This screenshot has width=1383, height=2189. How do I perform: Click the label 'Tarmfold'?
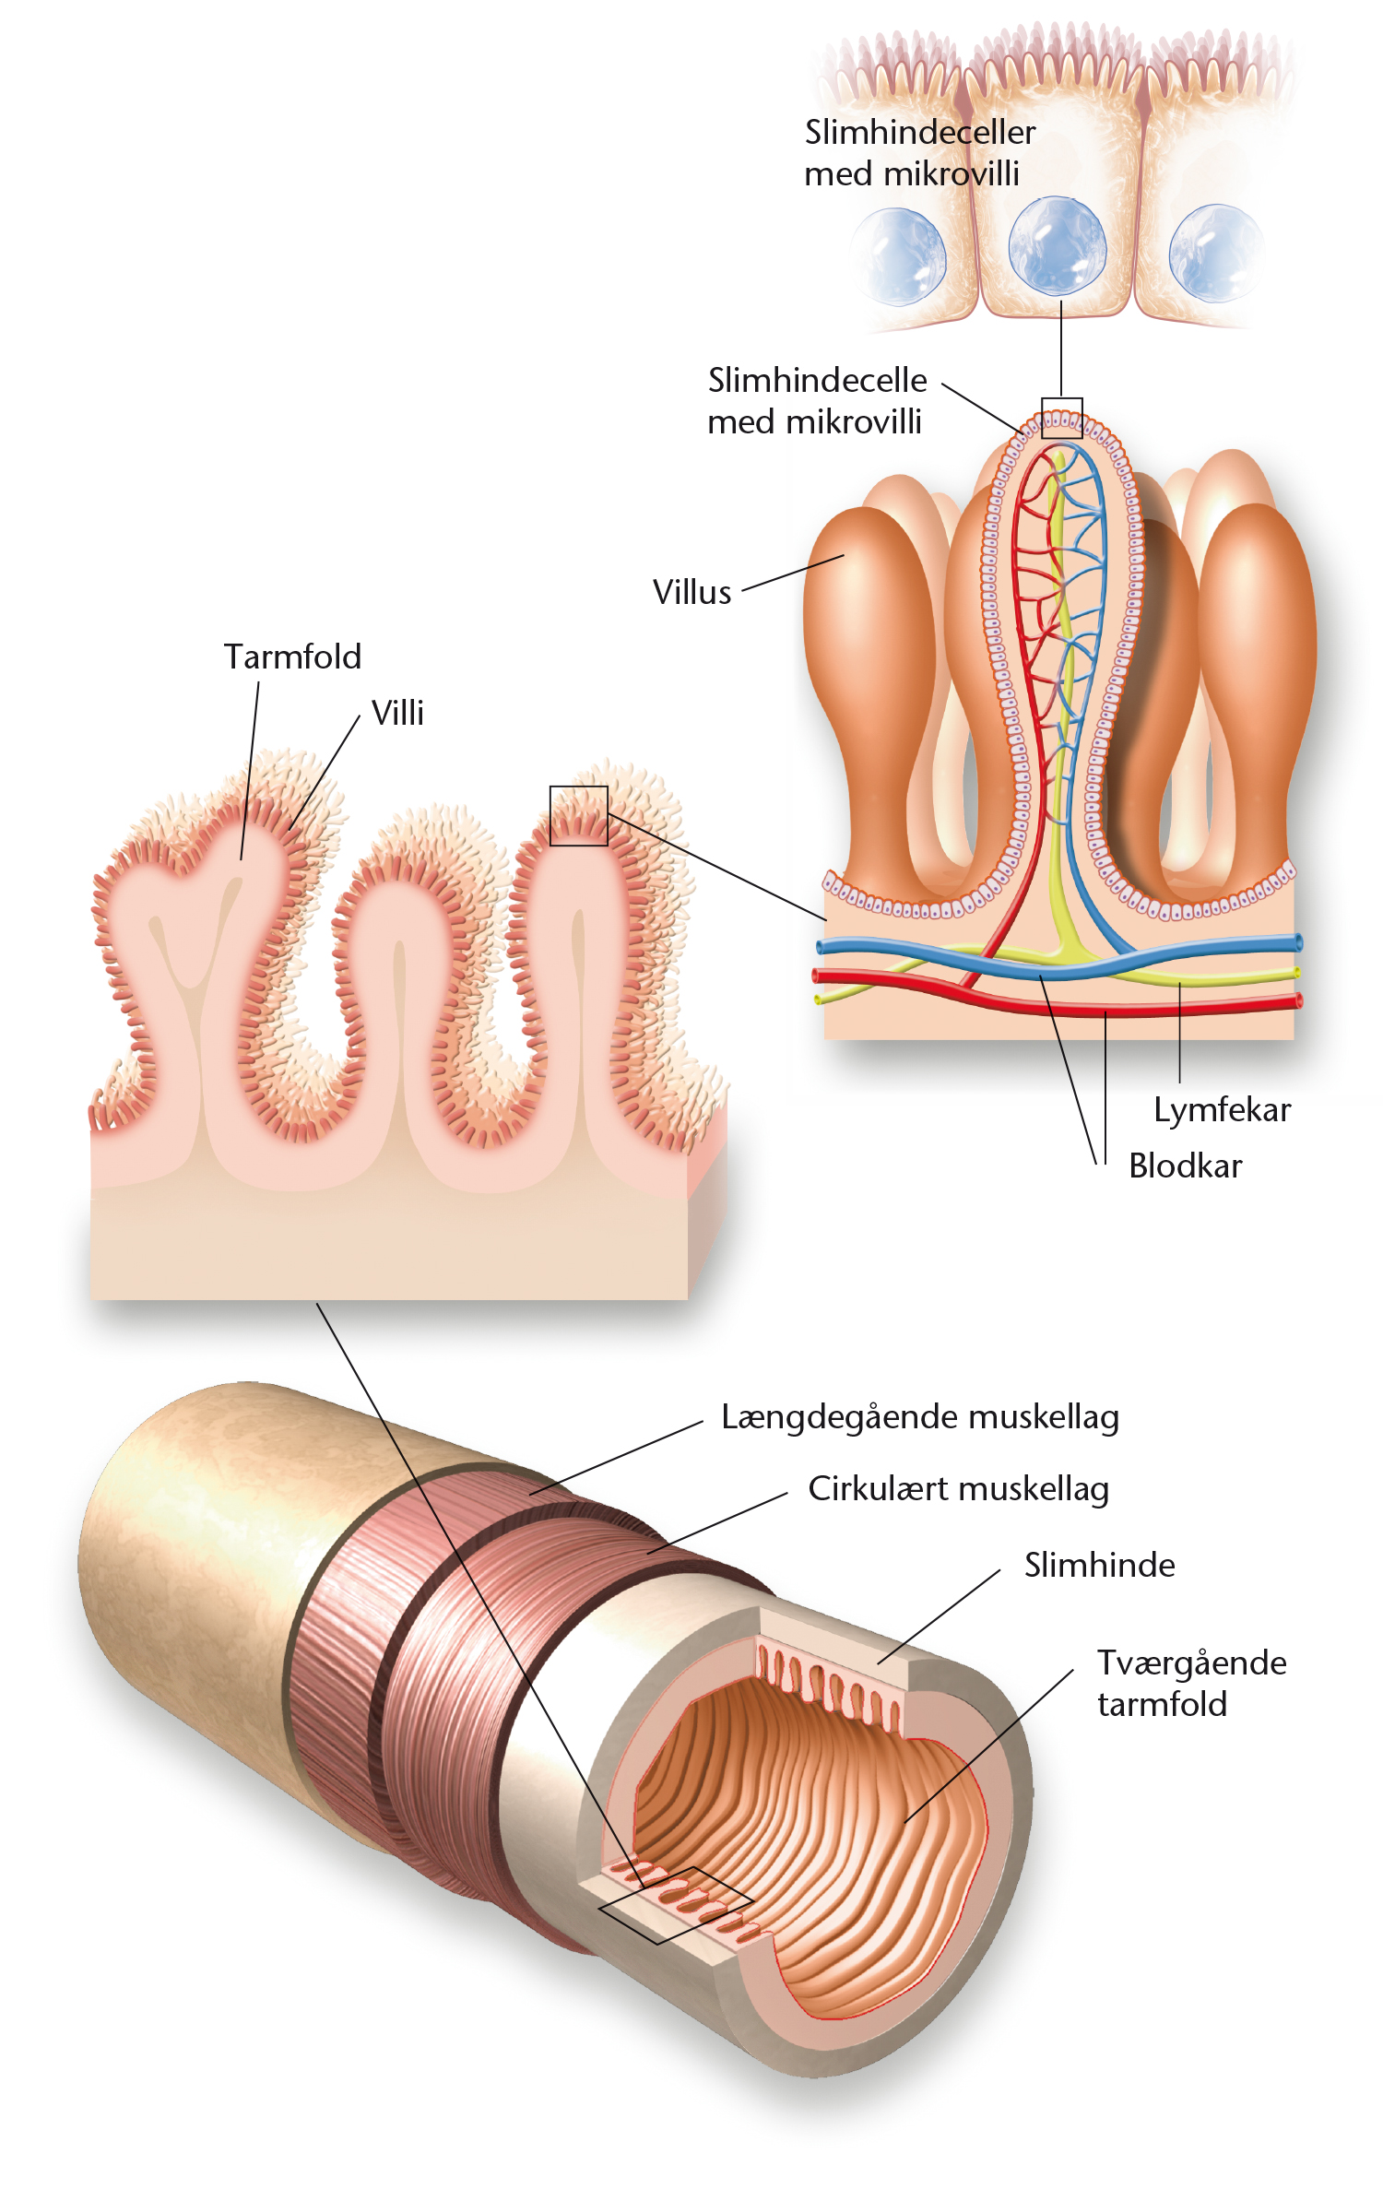pyautogui.click(x=292, y=657)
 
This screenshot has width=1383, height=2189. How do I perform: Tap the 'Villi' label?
pyautogui.click(x=397, y=713)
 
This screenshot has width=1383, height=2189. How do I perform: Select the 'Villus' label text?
pyautogui.click(x=691, y=592)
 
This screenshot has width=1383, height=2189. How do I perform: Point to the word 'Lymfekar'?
pyautogui.click(x=1222, y=1110)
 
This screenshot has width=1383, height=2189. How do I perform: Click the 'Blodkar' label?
pyautogui.click(x=1186, y=1165)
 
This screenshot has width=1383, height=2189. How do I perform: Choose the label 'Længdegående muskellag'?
pyautogui.click(x=919, y=1417)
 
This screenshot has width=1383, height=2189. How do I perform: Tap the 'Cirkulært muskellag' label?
pyautogui.click(x=958, y=1489)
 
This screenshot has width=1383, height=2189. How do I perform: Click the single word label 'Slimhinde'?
pyautogui.click(x=1100, y=1565)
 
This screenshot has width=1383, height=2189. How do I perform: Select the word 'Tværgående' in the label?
pyautogui.click(x=1191, y=1663)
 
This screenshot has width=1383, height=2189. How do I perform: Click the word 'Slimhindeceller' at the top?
pyautogui.click(x=920, y=132)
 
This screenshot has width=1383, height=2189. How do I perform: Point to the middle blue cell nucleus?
pyautogui.click(x=1058, y=245)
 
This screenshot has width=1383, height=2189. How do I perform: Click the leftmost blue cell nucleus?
pyautogui.click(x=898, y=256)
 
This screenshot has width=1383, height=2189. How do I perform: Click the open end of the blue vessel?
pyautogui.click(x=1298, y=942)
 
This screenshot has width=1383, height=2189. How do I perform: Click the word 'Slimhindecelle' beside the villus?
pyautogui.click(x=817, y=380)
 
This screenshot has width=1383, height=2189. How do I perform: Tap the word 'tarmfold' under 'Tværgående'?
pyautogui.click(x=1162, y=1704)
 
